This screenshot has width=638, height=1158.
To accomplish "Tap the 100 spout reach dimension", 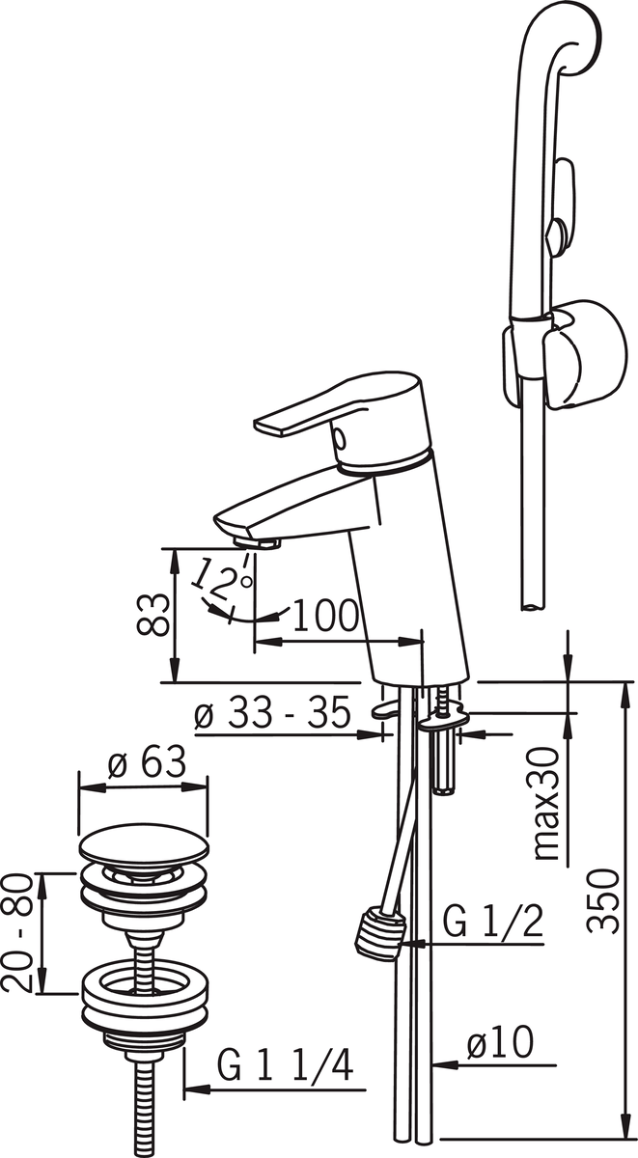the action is point(325,617).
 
